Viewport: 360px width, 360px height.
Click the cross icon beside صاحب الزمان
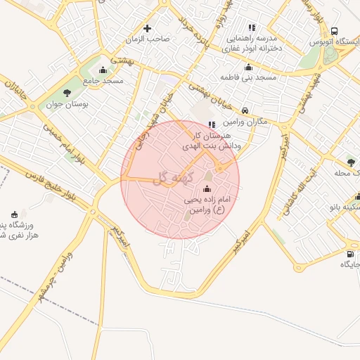tap(147, 29)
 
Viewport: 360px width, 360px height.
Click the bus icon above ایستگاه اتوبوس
tap(334, 32)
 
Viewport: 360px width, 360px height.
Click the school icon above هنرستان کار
tap(212, 124)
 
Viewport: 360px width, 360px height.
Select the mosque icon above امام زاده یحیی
tap(207, 188)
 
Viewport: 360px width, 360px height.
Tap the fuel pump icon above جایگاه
tap(349, 253)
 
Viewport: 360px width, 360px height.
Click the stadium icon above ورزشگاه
tap(15, 214)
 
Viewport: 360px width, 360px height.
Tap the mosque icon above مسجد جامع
tap(103, 70)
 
